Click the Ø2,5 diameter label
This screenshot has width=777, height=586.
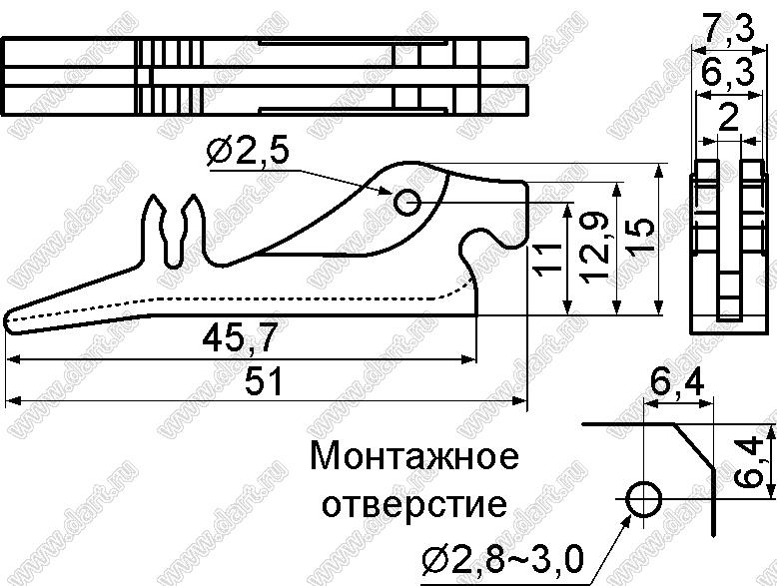tap(248, 152)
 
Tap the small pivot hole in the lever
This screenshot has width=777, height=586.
tap(407, 202)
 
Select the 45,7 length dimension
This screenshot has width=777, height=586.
tap(240, 335)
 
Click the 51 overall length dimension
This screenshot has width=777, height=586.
tap(264, 380)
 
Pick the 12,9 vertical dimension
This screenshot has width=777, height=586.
tap(597, 248)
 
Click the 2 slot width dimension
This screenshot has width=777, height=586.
tap(728, 118)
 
